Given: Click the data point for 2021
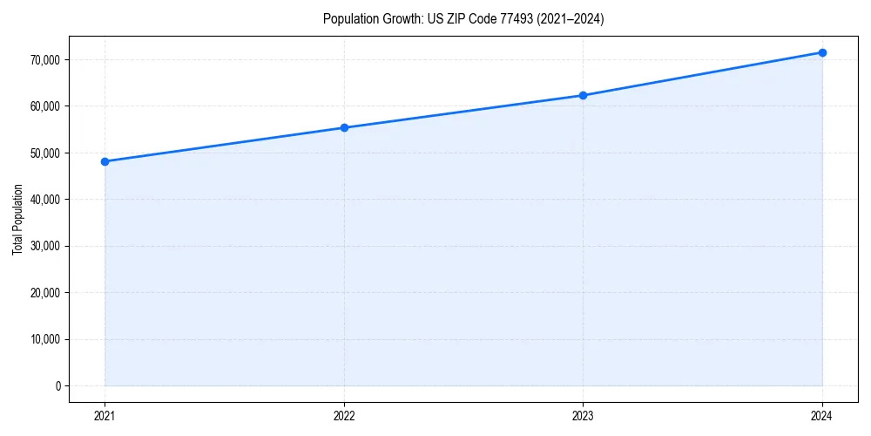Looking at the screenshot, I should [105, 161].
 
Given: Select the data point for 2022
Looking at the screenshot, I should [344, 127].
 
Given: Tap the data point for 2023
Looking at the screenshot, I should [583, 95].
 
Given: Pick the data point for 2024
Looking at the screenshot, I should [822, 52].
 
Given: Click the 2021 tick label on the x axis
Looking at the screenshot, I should [105, 416].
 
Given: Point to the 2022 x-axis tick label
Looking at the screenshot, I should [344, 416].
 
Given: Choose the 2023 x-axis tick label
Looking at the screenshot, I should [583, 416].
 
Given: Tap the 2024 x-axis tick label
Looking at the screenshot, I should [822, 416].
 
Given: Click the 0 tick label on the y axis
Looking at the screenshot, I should [57, 385].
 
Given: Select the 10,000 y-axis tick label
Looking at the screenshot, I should [44, 339].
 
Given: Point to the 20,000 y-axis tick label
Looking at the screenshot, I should [44, 292].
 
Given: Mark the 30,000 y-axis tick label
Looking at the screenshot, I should [44, 246].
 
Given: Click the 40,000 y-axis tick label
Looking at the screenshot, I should [44, 200].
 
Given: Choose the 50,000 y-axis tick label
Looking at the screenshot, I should [44, 153].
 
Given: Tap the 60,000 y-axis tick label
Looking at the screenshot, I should [44, 106].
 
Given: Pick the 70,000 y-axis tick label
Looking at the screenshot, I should [44, 59].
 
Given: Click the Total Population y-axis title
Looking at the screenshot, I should [17, 219].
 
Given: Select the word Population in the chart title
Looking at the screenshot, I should [348, 19].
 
